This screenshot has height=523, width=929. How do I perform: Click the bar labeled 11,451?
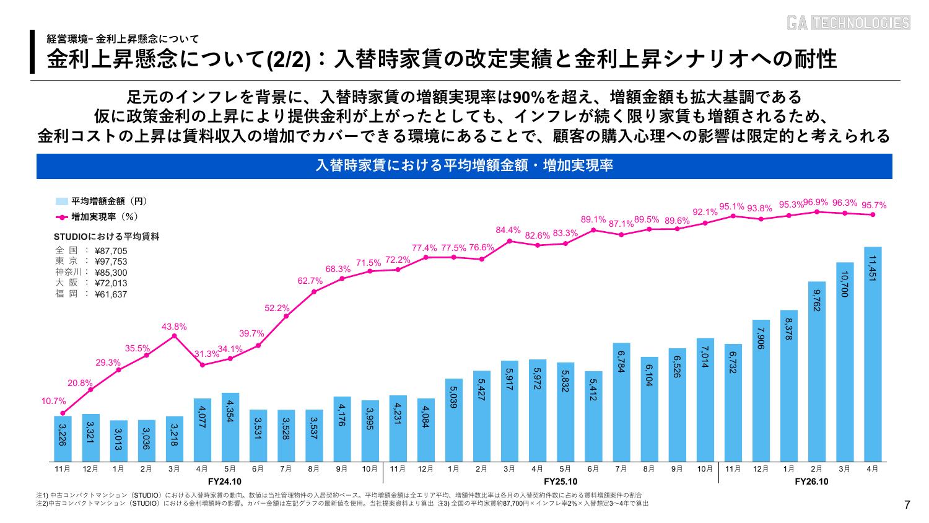[x=873, y=354]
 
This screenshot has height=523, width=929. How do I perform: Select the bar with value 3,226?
[x=63, y=439]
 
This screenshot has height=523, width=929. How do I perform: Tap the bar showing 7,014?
[x=705, y=400]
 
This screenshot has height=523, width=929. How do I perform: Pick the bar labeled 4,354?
[x=230, y=427]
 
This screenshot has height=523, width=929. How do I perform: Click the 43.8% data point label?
[x=174, y=327]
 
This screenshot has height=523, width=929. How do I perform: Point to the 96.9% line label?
[x=816, y=202]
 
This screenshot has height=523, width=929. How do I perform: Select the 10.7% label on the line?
[x=53, y=401]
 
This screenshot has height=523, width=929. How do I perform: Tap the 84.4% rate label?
[x=508, y=230]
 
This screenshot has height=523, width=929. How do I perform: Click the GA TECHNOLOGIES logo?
[x=848, y=22]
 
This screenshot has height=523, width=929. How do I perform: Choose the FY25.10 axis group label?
[x=560, y=481]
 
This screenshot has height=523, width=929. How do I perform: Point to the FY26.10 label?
[x=811, y=481]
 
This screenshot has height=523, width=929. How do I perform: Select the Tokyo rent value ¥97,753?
[x=111, y=261]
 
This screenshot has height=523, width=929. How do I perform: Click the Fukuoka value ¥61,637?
[x=111, y=294]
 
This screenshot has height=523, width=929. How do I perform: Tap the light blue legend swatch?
[x=62, y=202]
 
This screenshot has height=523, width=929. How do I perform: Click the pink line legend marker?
[x=62, y=217]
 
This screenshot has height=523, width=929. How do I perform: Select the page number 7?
[x=907, y=505]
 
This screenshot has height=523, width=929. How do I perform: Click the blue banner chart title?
[x=464, y=166]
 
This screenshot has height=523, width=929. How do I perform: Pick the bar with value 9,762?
[x=817, y=372]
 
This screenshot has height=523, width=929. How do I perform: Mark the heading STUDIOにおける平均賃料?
[x=107, y=237]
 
